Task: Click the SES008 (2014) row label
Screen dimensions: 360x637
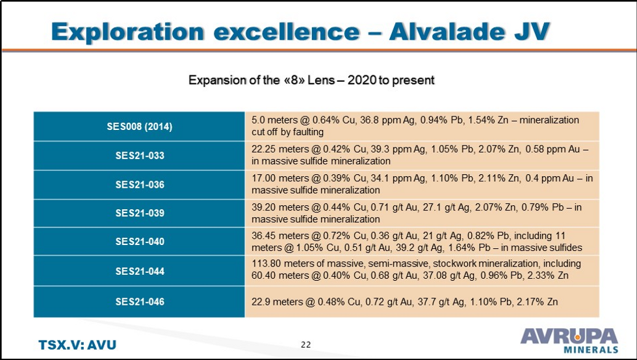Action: [139, 126]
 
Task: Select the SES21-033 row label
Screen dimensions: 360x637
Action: [139, 155]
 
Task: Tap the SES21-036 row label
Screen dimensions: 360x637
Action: [139, 185]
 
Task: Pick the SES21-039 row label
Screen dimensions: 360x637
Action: [139, 213]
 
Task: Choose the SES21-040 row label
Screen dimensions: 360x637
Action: [139, 242]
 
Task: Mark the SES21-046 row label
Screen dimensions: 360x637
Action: [139, 302]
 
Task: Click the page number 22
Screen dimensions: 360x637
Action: [306, 344]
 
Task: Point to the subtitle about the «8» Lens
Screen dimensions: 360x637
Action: [311, 81]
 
